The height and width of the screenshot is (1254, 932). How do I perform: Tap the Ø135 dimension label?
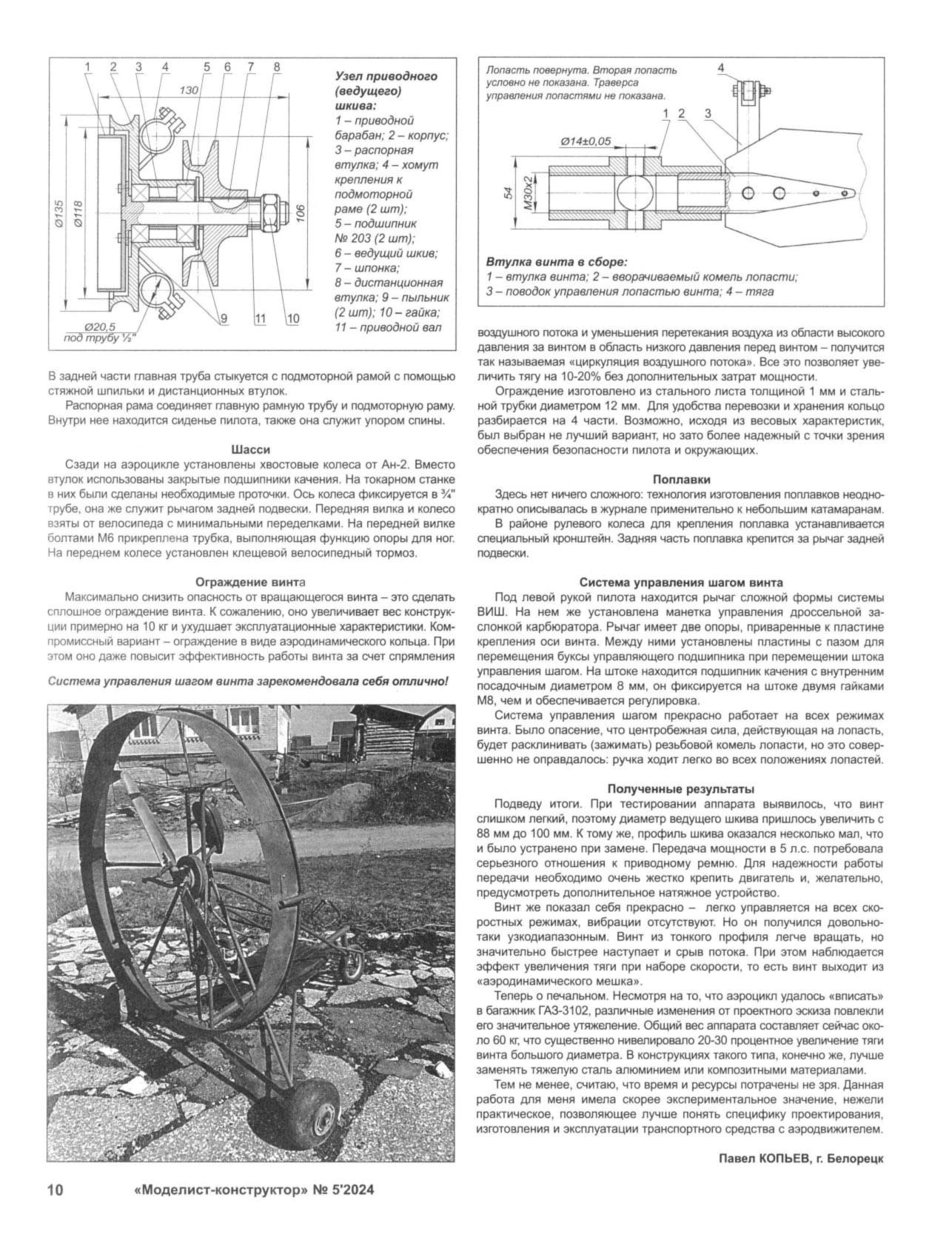(60, 214)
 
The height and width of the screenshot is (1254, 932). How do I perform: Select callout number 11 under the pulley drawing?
(259, 318)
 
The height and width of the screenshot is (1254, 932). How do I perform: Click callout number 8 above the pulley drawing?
(276, 67)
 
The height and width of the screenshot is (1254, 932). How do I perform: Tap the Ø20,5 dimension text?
(101, 327)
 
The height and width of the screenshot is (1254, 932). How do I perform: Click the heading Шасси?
(251, 449)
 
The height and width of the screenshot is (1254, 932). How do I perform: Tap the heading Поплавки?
(682, 479)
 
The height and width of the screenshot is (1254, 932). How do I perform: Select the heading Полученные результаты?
(681, 788)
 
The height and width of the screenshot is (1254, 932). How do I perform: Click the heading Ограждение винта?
(250, 581)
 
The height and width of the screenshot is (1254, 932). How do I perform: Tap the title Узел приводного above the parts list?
(386, 76)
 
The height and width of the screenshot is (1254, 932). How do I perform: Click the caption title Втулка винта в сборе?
(556, 262)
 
